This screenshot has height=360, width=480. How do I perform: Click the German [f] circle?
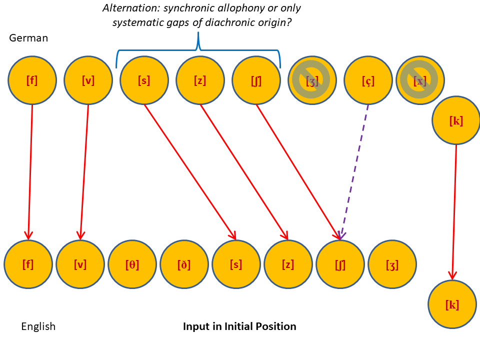[32, 80]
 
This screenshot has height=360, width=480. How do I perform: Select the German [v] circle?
[88, 80]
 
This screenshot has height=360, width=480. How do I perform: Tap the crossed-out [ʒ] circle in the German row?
[312, 80]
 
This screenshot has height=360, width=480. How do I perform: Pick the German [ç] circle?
[368, 80]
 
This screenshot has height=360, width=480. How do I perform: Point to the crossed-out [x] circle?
[420, 80]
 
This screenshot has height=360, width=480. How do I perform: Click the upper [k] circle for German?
[456, 120]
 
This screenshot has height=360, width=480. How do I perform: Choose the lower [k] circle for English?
[452, 304]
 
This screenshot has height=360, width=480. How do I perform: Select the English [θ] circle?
[132, 264]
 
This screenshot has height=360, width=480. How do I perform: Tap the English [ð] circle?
[184, 264]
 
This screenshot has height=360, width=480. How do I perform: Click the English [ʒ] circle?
[392, 264]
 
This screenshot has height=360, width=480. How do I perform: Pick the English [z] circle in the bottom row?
[288, 264]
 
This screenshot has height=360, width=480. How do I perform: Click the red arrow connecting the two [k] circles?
[454, 210]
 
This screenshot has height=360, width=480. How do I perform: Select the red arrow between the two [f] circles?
[30, 170]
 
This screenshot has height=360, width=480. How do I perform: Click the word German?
[28, 38]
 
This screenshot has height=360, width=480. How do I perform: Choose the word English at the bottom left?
[38, 326]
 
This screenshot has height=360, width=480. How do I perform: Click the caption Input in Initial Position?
[239, 326]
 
